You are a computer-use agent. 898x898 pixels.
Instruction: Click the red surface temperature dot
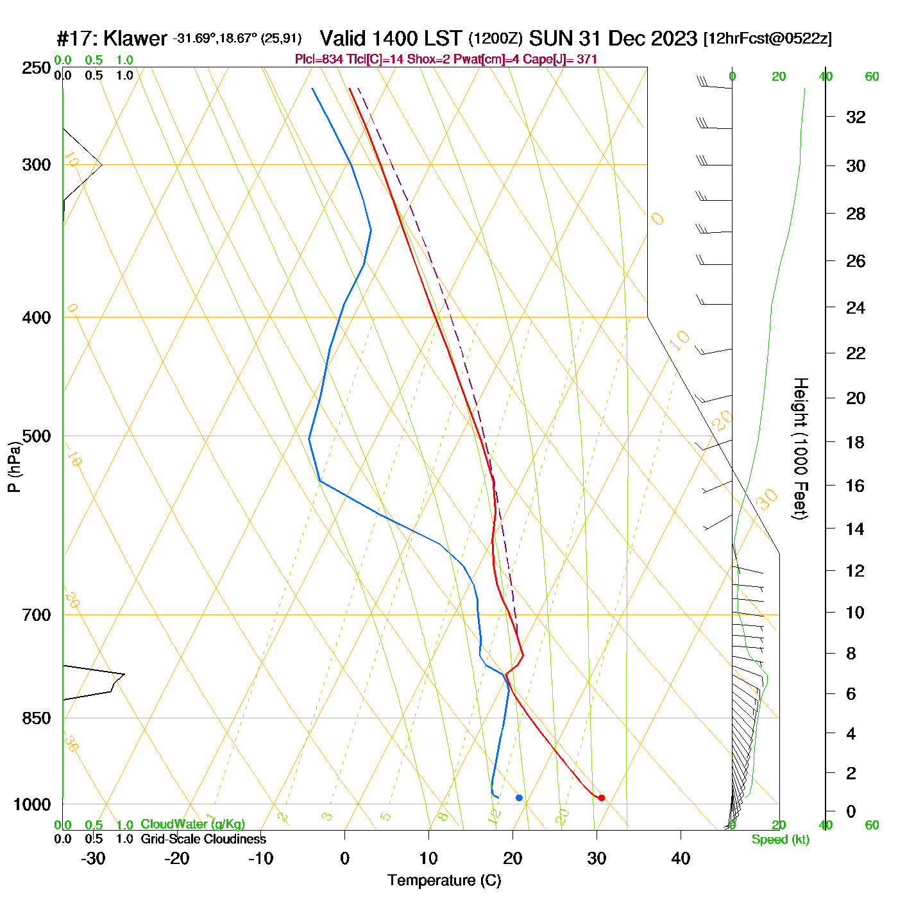pos(601,798)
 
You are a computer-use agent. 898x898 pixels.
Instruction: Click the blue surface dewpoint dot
pos(519,798)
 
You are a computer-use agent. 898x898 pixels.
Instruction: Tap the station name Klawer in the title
pos(135,38)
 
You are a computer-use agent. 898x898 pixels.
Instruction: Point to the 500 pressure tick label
pos(37,436)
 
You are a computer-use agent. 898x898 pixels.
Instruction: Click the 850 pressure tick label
pos(37,718)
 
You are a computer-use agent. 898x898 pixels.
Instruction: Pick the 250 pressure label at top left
pos(37,68)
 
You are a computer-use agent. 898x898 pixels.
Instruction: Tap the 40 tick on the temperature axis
pos(681,858)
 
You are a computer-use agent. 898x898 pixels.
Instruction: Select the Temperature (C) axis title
pos(444,881)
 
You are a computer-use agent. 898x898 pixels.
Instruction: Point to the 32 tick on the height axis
pos(856,117)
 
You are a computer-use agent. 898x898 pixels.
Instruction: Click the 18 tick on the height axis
pos(856,442)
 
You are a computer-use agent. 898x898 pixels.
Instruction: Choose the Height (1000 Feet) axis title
pos(801,448)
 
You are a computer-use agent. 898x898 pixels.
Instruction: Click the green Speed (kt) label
pos(780,840)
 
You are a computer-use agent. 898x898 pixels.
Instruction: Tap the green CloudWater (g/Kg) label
pos(192,824)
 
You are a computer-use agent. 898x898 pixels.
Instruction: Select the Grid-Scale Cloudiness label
pos(203,839)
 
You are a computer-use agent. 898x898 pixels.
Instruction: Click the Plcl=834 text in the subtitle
pos(319,60)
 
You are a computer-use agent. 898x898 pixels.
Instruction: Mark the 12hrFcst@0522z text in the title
pos(767,38)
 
